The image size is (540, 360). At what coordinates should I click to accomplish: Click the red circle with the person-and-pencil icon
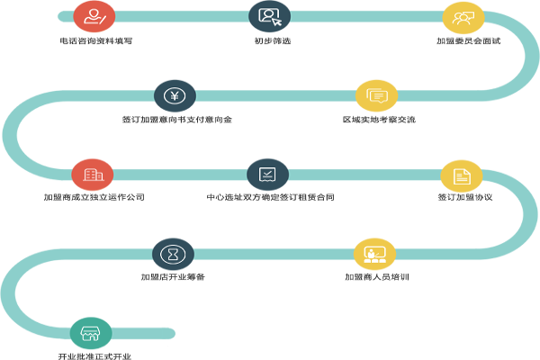93,15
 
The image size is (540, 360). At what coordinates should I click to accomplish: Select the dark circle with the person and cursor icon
269,15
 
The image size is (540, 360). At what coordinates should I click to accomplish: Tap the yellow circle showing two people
463,16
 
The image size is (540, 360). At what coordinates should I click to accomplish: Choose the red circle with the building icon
92,173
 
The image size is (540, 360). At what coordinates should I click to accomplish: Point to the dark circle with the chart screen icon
267,173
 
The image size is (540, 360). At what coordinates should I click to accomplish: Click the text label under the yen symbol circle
176,119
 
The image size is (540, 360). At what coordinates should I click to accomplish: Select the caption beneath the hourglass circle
173,276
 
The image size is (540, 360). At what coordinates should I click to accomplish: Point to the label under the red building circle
94,196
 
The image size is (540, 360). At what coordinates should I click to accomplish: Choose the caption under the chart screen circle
270,196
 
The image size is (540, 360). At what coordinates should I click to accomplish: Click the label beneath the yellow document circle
461,196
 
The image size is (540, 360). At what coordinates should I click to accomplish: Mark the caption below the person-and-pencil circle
95,40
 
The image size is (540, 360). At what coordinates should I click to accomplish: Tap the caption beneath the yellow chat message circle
378,119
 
